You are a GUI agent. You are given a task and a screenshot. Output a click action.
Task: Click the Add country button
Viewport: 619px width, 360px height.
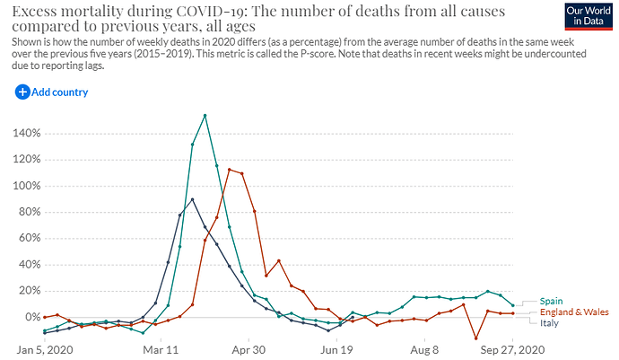(51, 92)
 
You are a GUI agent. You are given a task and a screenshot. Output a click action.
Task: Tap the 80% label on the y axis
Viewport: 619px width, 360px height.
(27, 212)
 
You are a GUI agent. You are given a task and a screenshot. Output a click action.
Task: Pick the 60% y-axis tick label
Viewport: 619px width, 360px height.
(27, 238)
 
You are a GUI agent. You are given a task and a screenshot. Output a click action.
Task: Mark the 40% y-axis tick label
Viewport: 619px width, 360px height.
(27, 265)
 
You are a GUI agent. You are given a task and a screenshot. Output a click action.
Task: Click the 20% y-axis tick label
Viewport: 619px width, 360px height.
(27, 291)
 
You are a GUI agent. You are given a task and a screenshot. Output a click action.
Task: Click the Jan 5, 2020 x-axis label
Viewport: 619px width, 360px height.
(44, 349)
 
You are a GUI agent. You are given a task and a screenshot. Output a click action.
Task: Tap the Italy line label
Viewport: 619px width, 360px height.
(549, 322)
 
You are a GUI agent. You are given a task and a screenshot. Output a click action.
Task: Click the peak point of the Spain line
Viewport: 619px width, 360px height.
(205, 115)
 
